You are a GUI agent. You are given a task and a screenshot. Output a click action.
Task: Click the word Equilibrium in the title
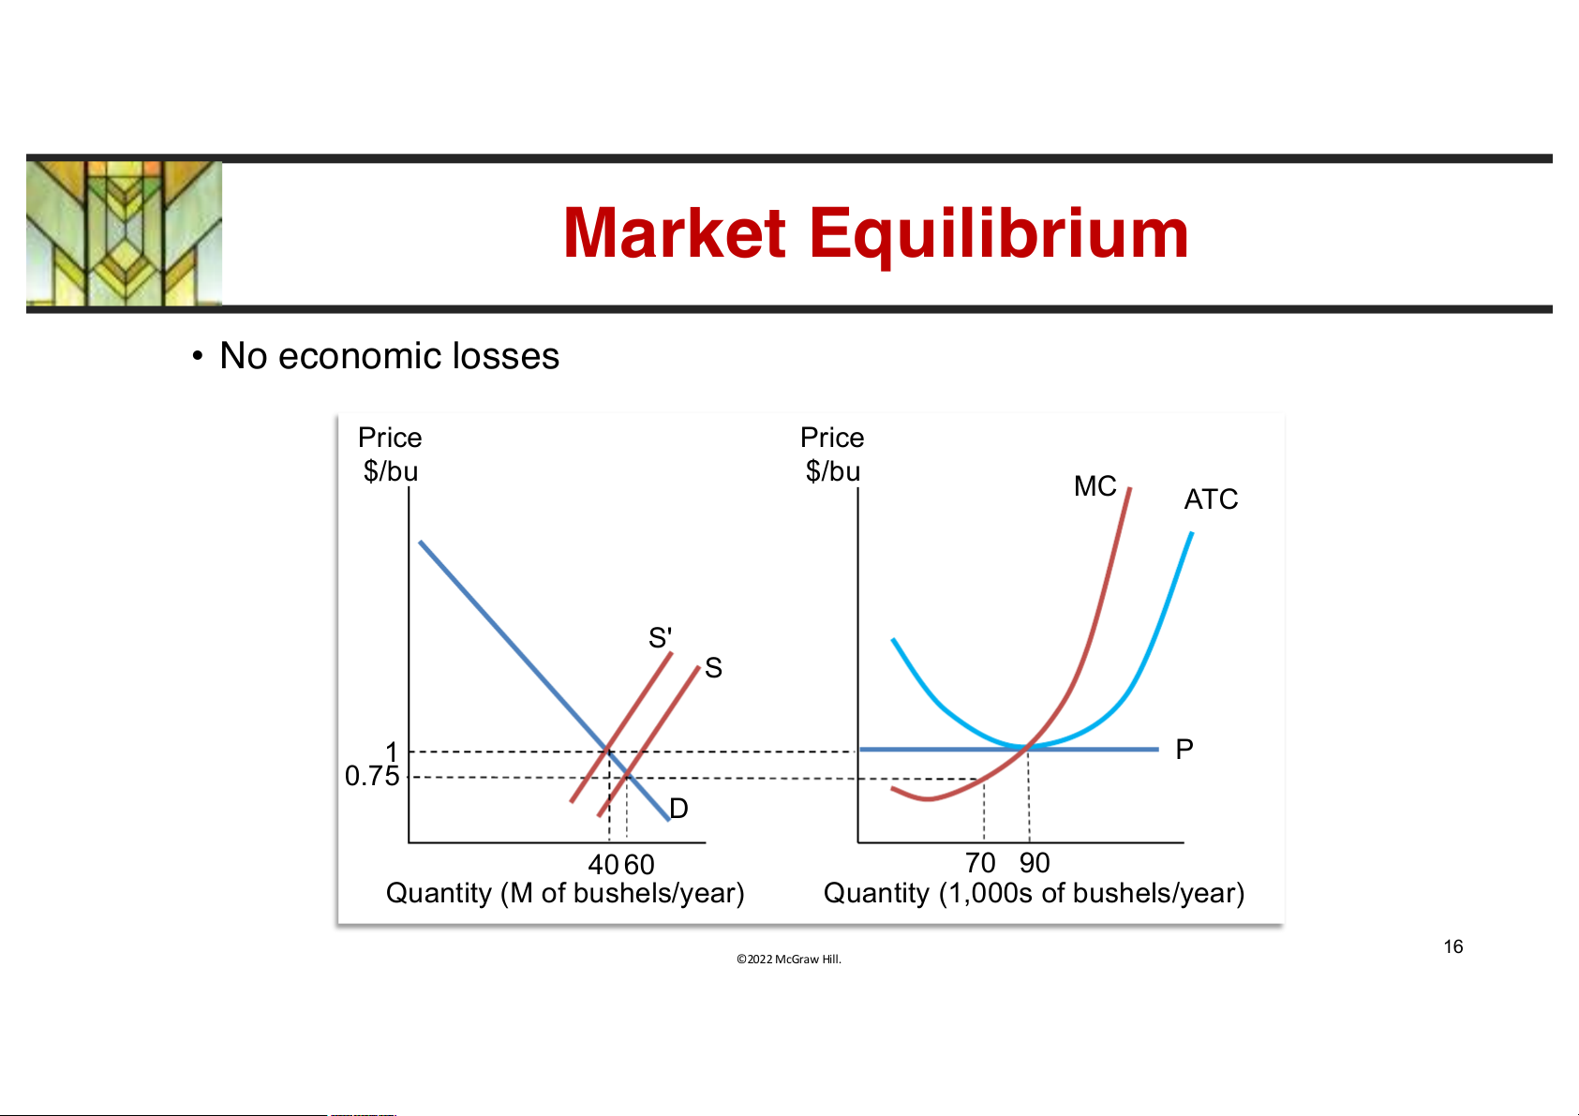pyautogui.click(x=999, y=235)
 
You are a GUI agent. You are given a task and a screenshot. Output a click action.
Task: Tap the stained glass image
pyautogui.click(x=124, y=233)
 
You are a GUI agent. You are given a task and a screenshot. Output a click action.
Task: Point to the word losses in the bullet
pyautogui.click(x=505, y=355)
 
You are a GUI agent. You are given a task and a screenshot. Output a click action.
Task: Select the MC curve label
pyautogui.click(x=1095, y=485)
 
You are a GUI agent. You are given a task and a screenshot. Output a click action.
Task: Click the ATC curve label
pyautogui.click(x=1211, y=499)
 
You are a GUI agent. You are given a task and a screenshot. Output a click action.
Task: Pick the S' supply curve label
pyautogui.click(x=660, y=637)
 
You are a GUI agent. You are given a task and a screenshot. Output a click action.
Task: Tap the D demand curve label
pyautogui.click(x=678, y=809)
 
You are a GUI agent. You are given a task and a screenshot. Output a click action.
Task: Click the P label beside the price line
pyautogui.click(x=1184, y=749)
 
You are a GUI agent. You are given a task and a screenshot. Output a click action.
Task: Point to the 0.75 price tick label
pyautogui.click(x=371, y=776)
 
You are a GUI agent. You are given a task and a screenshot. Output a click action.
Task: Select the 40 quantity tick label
pyautogui.click(x=603, y=864)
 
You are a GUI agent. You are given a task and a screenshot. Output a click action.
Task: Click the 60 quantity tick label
pyautogui.click(x=639, y=864)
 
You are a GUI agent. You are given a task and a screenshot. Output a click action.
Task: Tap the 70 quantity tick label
pyautogui.click(x=980, y=862)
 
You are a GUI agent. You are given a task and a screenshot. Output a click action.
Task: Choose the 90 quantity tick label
pyautogui.click(x=1035, y=862)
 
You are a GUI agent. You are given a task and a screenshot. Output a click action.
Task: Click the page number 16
pyautogui.click(x=1452, y=946)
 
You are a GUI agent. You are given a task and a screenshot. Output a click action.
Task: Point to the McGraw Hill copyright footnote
pyautogui.click(x=789, y=959)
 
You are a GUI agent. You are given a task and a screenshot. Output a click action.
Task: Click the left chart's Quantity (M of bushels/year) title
pyautogui.click(x=565, y=893)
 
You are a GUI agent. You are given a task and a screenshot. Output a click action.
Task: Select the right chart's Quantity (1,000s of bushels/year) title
pyautogui.click(x=1035, y=893)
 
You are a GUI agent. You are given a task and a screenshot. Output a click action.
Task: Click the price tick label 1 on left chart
pyautogui.click(x=392, y=751)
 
